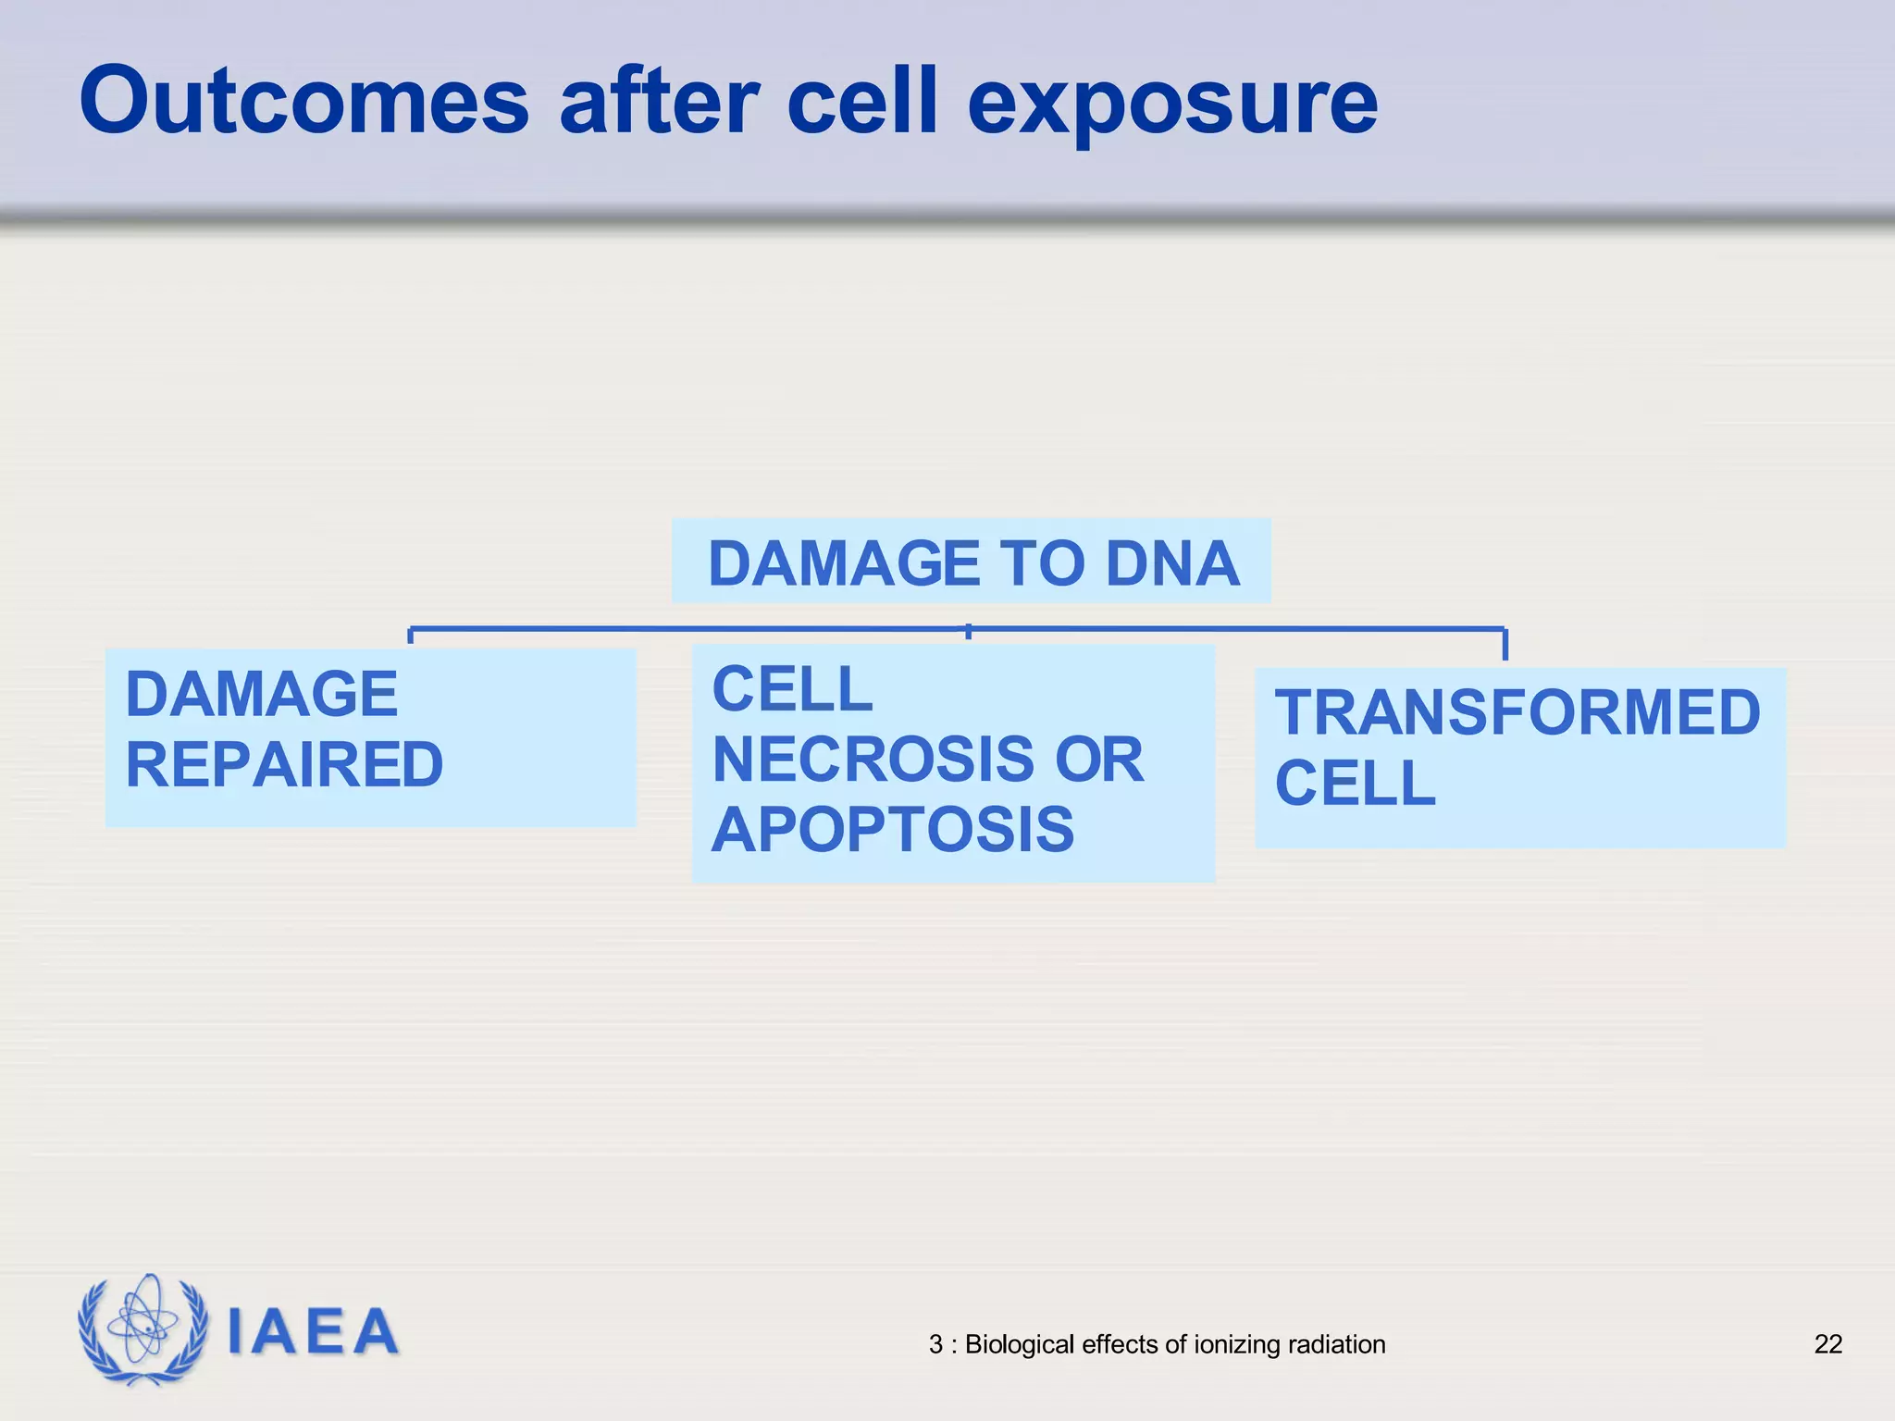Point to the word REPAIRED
pos(284,765)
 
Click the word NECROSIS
pos(872,760)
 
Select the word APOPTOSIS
pos(892,830)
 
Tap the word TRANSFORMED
pos(1517,712)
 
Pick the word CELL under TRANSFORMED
pos(1355,784)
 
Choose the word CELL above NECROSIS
pos(792,689)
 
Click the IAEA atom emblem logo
pos(142,1328)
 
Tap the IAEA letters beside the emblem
pos(313,1332)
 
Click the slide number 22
pos(1827,1344)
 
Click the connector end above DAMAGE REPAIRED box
pos(411,636)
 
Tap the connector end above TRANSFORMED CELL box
pos(1505,645)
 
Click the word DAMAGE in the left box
pos(261,695)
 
